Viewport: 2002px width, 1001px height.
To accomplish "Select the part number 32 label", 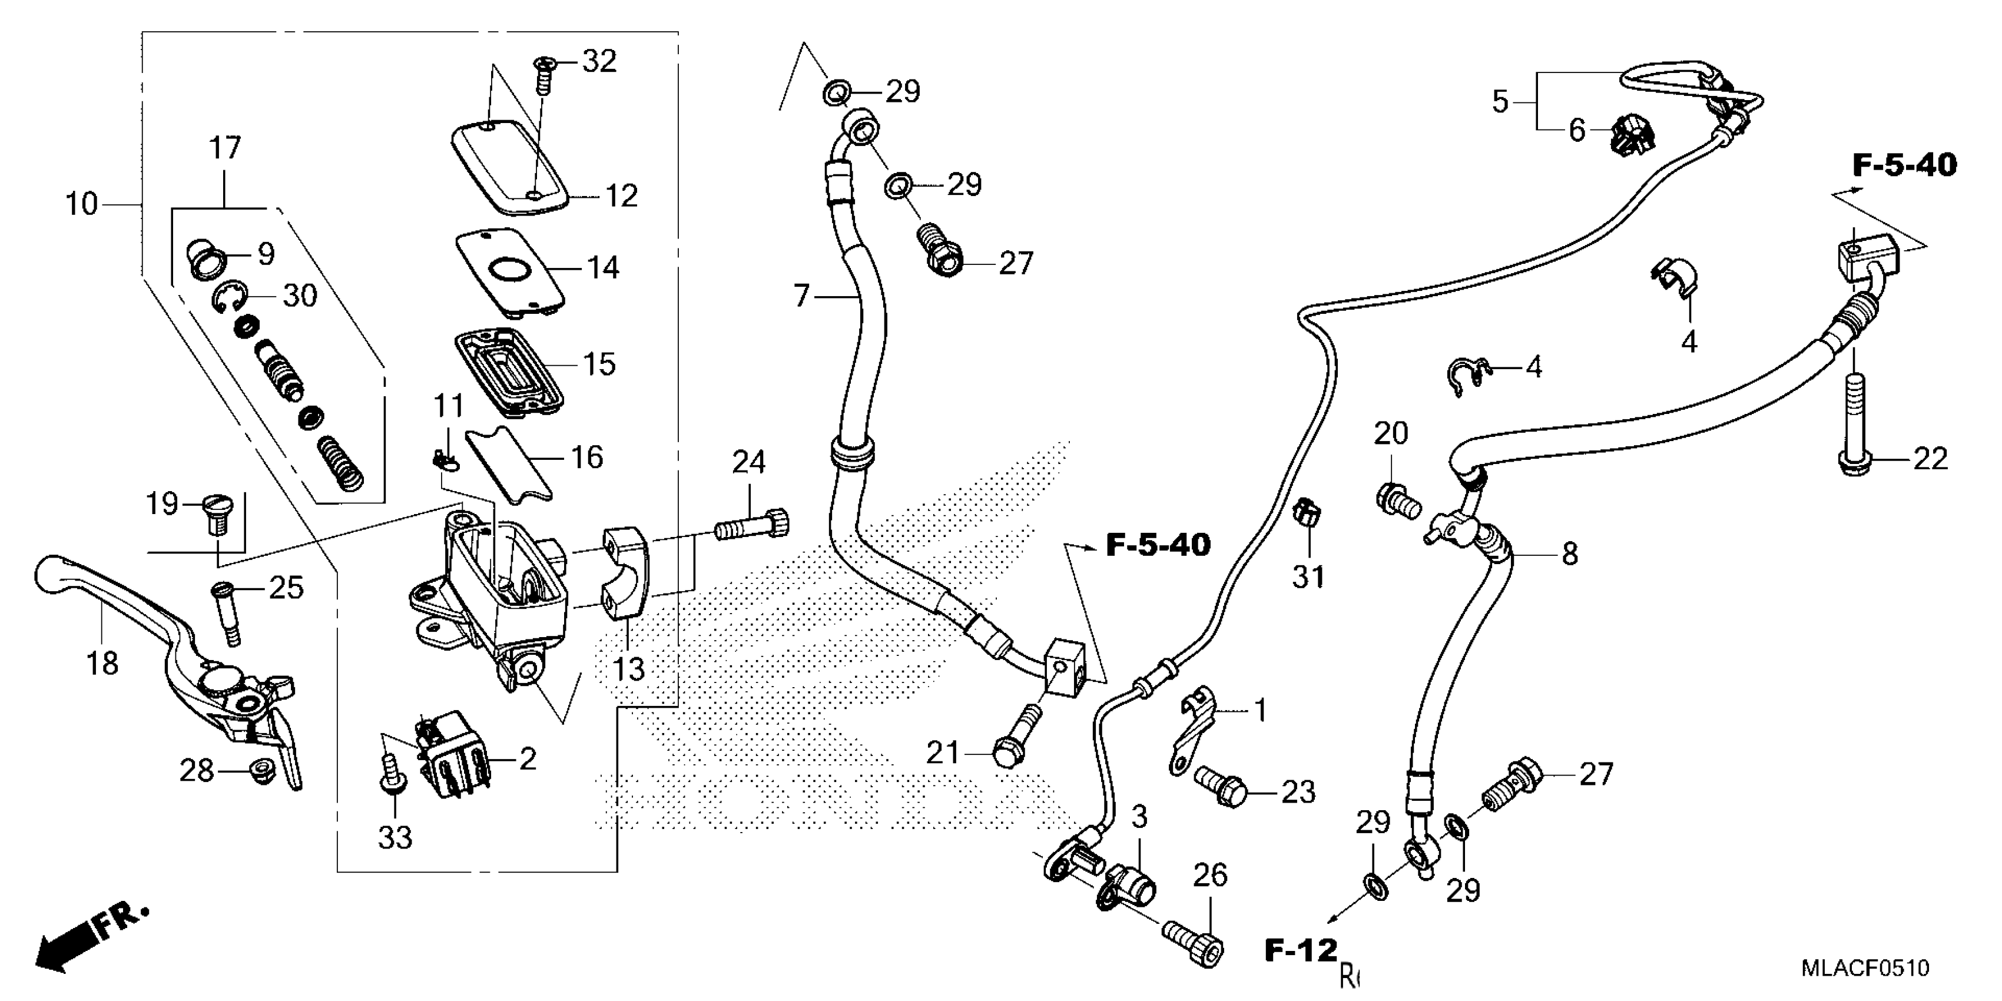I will click(599, 61).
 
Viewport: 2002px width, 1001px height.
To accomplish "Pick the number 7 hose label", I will click(801, 296).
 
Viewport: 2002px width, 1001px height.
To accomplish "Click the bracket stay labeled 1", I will click(1194, 731).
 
